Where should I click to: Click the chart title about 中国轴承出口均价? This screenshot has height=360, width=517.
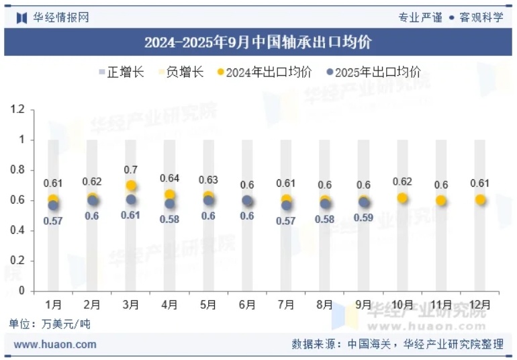258,43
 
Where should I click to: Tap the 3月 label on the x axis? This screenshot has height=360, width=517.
130,305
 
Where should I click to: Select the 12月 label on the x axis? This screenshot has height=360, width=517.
480,305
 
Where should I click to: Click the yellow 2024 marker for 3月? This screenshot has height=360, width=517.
131,185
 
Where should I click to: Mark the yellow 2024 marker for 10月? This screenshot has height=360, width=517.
403,197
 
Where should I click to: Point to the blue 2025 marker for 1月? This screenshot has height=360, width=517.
54,205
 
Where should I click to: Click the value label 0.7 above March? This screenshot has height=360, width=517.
131,170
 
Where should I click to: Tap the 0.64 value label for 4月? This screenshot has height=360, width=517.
170,179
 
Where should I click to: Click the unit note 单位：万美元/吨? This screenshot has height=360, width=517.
50,324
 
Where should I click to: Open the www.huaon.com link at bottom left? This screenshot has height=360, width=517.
55,345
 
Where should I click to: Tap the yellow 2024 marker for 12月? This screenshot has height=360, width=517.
480,199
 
